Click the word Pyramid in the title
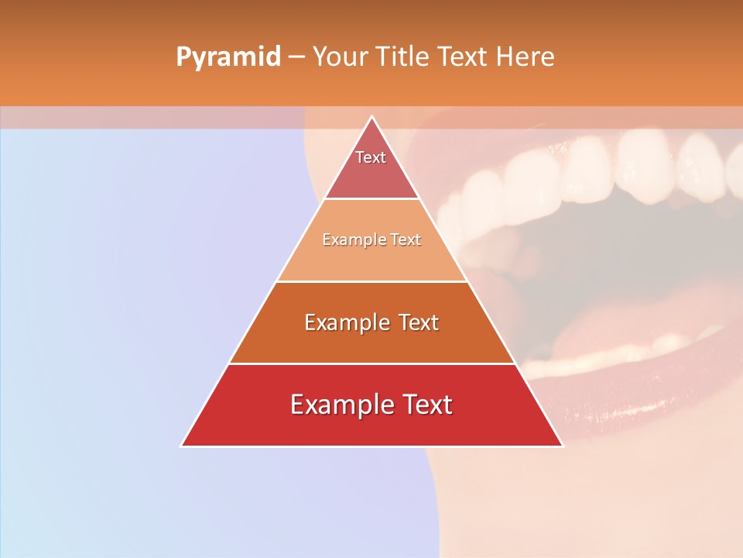[x=228, y=57]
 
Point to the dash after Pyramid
[x=296, y=57]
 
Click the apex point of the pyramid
[x=371, y=118]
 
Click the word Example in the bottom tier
[x=341, y=405]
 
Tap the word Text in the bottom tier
[x=424, y=405]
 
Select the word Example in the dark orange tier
[x=345, y=322]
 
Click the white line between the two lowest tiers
[x=371, y=363]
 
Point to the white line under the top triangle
[x=371, y=198]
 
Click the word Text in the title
[x=462, y=57]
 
